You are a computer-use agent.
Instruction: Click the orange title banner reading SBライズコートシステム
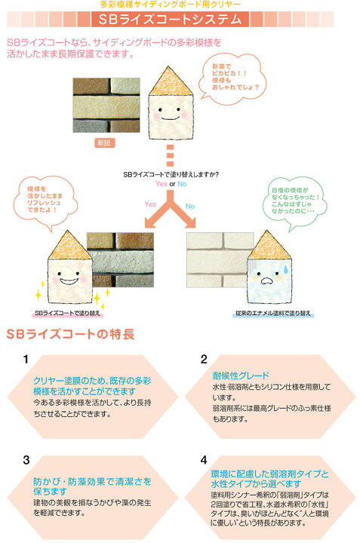(170, 19)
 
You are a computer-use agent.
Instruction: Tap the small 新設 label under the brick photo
(104, 143)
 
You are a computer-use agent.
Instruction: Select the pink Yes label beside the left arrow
(150, 204)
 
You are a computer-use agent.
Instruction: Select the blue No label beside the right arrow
(190, 206)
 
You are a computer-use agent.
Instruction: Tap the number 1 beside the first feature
(26, 359)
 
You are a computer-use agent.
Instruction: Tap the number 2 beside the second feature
(204, 359)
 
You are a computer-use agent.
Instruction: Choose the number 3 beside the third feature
(26, 460)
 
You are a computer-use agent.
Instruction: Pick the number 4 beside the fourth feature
(204, 460)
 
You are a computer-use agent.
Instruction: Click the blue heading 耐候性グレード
(241, 376)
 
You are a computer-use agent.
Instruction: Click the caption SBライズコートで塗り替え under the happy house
(67, 313)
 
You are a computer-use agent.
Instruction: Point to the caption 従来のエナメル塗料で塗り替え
(273, 313)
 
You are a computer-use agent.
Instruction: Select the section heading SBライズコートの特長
(70, 334)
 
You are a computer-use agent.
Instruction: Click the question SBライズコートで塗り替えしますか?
(171, 174)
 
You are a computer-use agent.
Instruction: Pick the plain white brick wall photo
(220, 259)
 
